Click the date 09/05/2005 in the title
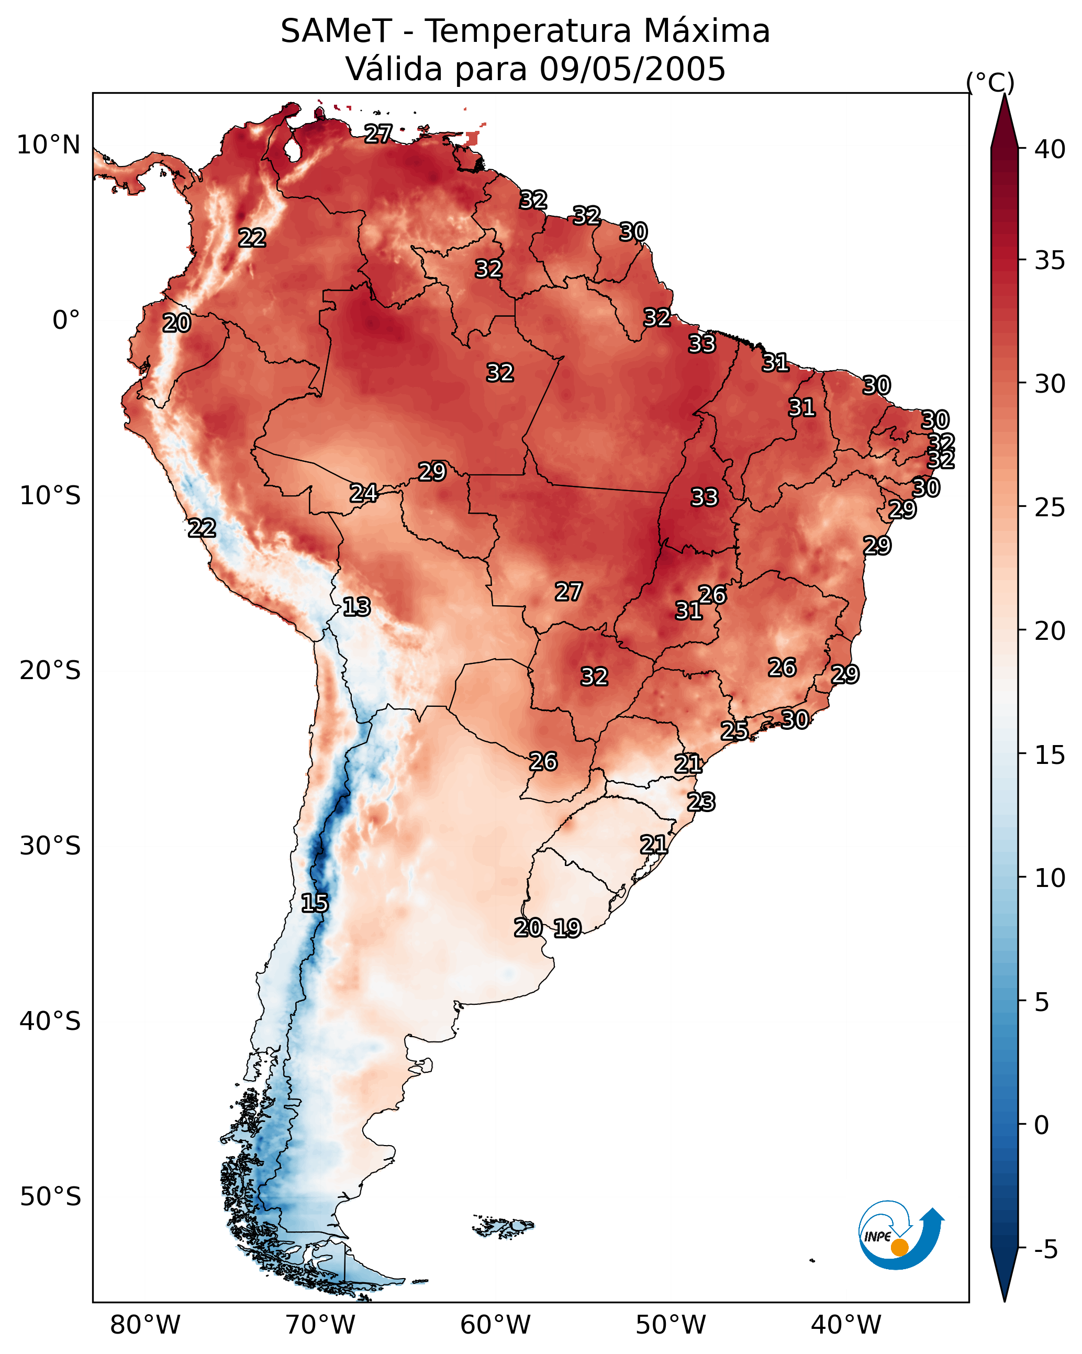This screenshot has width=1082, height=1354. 632,69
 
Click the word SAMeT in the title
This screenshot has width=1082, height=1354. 336,31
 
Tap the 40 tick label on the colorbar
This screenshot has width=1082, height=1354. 1050,149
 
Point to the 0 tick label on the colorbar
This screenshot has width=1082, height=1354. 1041,1125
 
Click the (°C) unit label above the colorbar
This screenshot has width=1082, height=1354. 990,82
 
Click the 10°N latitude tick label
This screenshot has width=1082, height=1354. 48,145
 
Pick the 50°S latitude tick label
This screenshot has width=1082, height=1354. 50,1197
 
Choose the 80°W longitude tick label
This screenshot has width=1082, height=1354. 145,1325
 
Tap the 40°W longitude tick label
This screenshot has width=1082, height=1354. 846,1325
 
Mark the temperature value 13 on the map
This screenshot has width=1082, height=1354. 356,607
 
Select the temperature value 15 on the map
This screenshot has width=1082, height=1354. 315,903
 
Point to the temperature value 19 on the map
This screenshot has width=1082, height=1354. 567,928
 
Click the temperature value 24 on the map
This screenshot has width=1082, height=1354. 364,493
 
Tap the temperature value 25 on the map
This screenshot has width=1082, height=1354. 734,730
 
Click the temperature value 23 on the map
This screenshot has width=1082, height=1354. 701,802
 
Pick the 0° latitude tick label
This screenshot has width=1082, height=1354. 66,320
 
